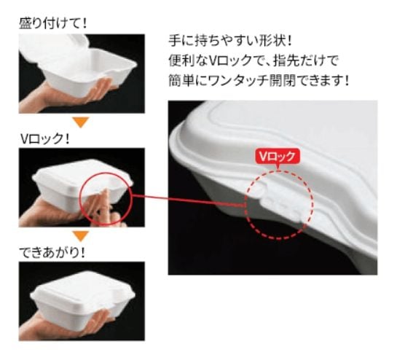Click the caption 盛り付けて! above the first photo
pos(52,23)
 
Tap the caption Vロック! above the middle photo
pos(45,138)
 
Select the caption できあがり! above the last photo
pos(52,252)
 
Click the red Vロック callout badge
pos(278,157)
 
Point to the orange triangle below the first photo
pos(81,122)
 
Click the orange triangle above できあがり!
pos(81,236)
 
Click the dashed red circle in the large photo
pos(245,205)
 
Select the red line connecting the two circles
pos(189,200)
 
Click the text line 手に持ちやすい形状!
pos(230,41)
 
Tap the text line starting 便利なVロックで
pos(253,60)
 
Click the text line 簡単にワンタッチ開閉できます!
pos(259,81)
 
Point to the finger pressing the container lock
pos(106,203)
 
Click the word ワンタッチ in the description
pos(238,81)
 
